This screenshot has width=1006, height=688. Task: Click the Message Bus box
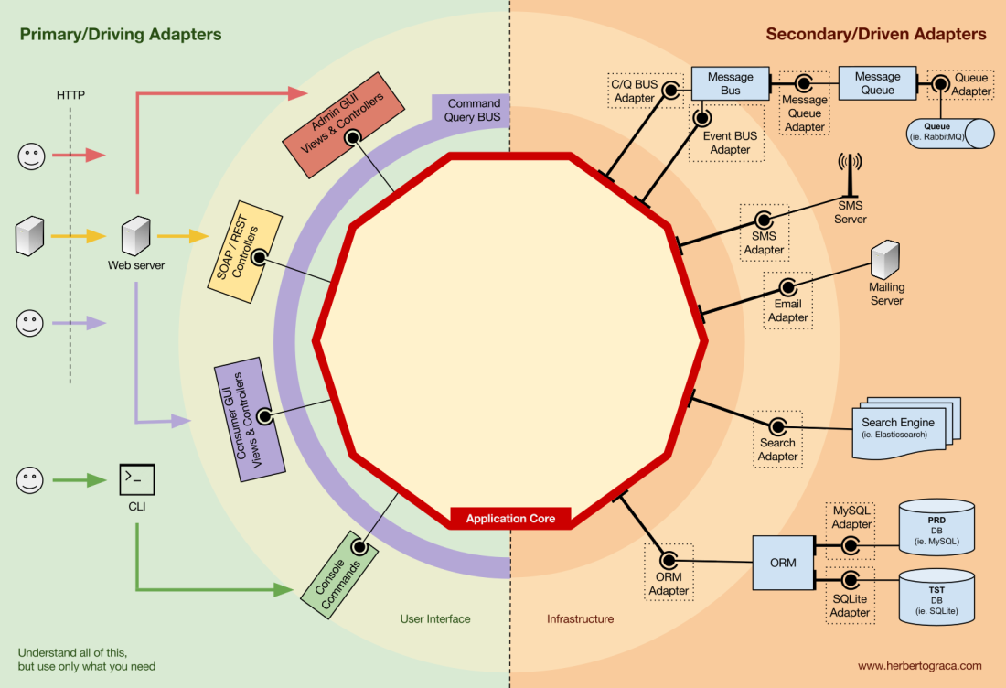pyautogui.click(x=730, y=83)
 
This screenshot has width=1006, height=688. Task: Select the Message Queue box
pyautogui.click(x=877, y=83)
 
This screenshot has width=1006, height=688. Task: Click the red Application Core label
pyautogui.click(x=510, y=519)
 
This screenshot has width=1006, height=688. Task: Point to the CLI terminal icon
pyautogui.click(x=136, y=478)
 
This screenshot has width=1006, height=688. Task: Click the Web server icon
pyautogui.click(x=135, y=235)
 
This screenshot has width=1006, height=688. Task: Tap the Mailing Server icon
pyautogui.click(x=885, y=260)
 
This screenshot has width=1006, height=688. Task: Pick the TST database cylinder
pyautogui.click(x=936, y=596)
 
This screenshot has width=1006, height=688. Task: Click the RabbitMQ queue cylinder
pyautogui.click(x=951, y=134)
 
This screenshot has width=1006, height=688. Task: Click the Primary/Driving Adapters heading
pyautogui.click(x=120, y=35)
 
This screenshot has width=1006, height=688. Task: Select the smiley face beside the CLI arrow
pyautogui.click(x=31, y=479)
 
